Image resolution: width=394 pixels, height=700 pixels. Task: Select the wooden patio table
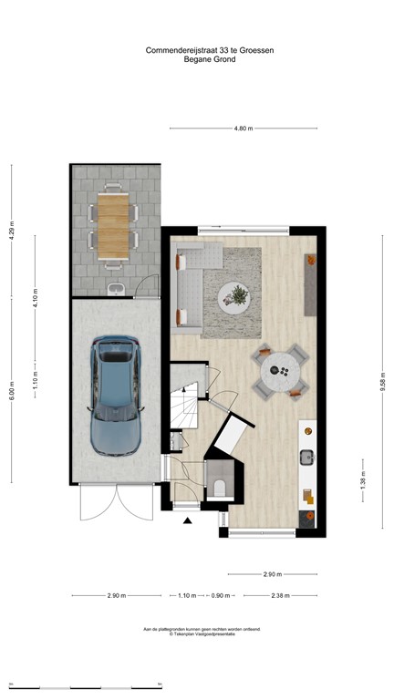tap(115, 224)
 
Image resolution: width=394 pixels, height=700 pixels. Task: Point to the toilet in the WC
tap(222, 483)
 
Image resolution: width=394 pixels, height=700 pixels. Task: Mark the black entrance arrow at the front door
tap(188, 521)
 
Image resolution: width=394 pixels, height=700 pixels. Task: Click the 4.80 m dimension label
tap(243, 129)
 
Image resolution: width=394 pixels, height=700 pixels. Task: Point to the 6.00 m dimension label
tap(12, 392)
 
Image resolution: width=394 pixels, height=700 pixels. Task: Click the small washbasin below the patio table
tap(115, 290)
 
